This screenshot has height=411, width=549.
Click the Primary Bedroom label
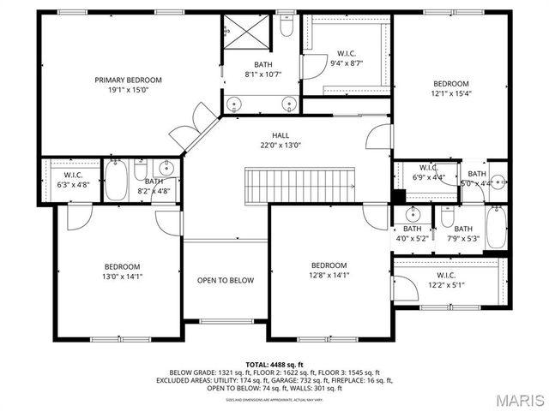128,85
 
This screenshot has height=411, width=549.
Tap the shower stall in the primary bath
247,34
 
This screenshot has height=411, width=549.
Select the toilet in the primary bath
288,28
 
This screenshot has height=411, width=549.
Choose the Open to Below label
226,280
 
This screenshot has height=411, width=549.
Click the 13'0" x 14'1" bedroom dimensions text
122,277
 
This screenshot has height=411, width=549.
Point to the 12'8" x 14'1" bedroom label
329,270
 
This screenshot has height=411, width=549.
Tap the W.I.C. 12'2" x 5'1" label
445,280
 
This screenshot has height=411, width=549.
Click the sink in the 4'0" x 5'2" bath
412,213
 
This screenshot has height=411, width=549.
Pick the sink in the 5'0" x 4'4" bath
496,182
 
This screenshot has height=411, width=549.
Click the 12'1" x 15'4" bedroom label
450,88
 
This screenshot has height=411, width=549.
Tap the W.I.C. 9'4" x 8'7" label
347,57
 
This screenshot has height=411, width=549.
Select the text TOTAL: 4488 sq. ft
274,365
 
